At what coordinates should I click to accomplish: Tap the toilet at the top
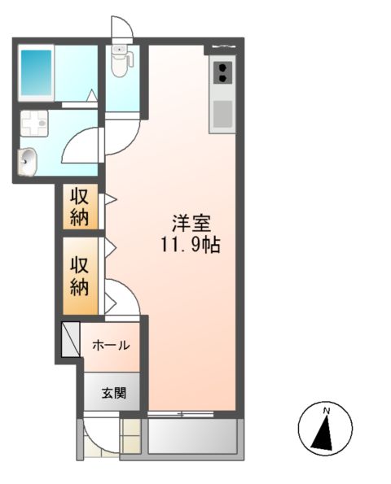click(121, 62)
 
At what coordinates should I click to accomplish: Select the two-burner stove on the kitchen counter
click(222, 73)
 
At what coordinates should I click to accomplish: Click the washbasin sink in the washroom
click(27, 161)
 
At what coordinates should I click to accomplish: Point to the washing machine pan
click(35, 124)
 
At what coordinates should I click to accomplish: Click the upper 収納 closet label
click(80, 207)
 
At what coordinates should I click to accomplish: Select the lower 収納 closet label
click(80, 276)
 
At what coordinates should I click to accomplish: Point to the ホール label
click(111, 345)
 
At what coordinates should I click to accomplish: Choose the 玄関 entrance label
click(112, 394)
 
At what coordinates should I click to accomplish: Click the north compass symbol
click(325, 429)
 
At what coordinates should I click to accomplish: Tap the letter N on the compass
click(325, 411)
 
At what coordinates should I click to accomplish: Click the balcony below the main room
click(193, 437)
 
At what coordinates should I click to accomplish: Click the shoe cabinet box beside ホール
click(69, 341)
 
